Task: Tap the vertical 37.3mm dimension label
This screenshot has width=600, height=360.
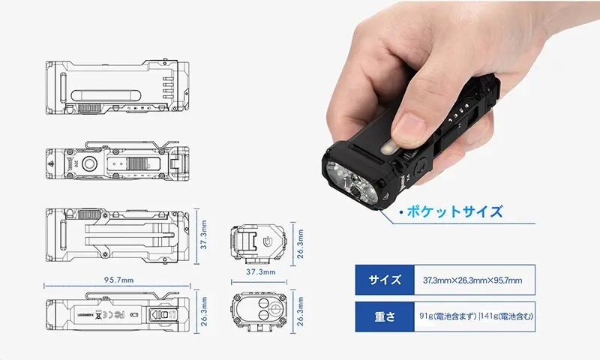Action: pyautogui.click(x=204, y=236)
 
